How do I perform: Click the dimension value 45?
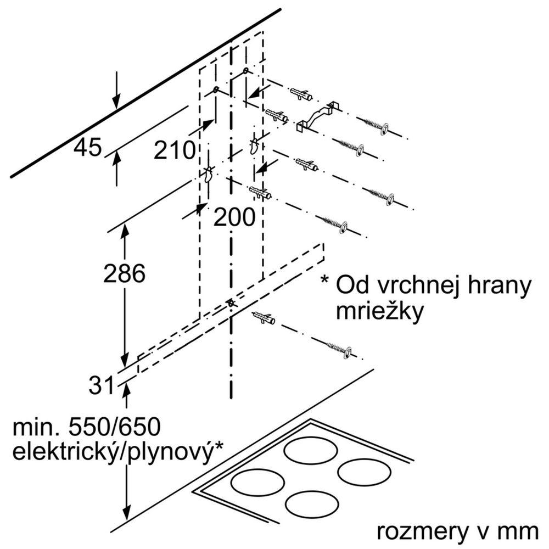88,147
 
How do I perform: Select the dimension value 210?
175,149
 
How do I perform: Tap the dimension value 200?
234,218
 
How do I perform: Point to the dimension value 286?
124,273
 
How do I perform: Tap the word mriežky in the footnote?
379,311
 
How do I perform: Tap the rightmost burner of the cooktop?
362,470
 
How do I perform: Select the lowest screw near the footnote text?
341,349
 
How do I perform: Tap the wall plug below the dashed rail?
264,318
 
